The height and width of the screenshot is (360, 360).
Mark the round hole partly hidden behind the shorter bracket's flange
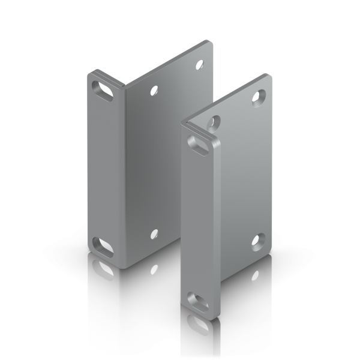[213, 122]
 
